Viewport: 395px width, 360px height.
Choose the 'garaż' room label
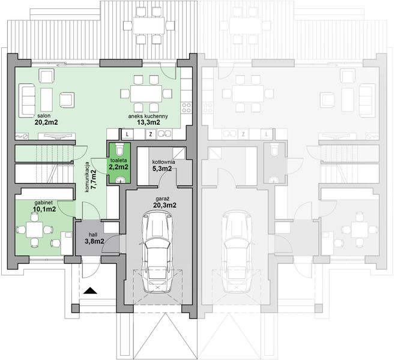pyautogui.click(x=160, y=197)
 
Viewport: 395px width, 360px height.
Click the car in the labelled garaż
pyautogui.click(x=156, y=252)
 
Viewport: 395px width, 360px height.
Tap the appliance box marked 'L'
pyautogui.click(x=128, y=134)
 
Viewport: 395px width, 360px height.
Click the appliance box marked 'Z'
pyautogui.click(x=151, y=134)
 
